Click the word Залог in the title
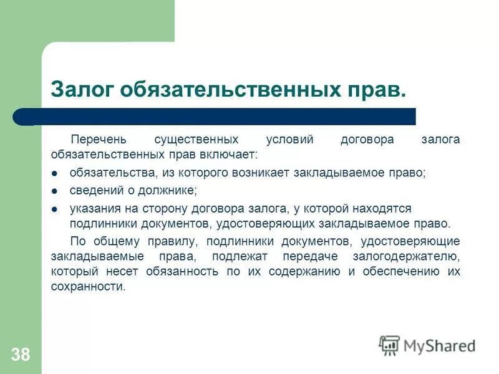80,89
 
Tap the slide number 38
20,355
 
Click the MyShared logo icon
389,345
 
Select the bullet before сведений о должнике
55,191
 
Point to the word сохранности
88,287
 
